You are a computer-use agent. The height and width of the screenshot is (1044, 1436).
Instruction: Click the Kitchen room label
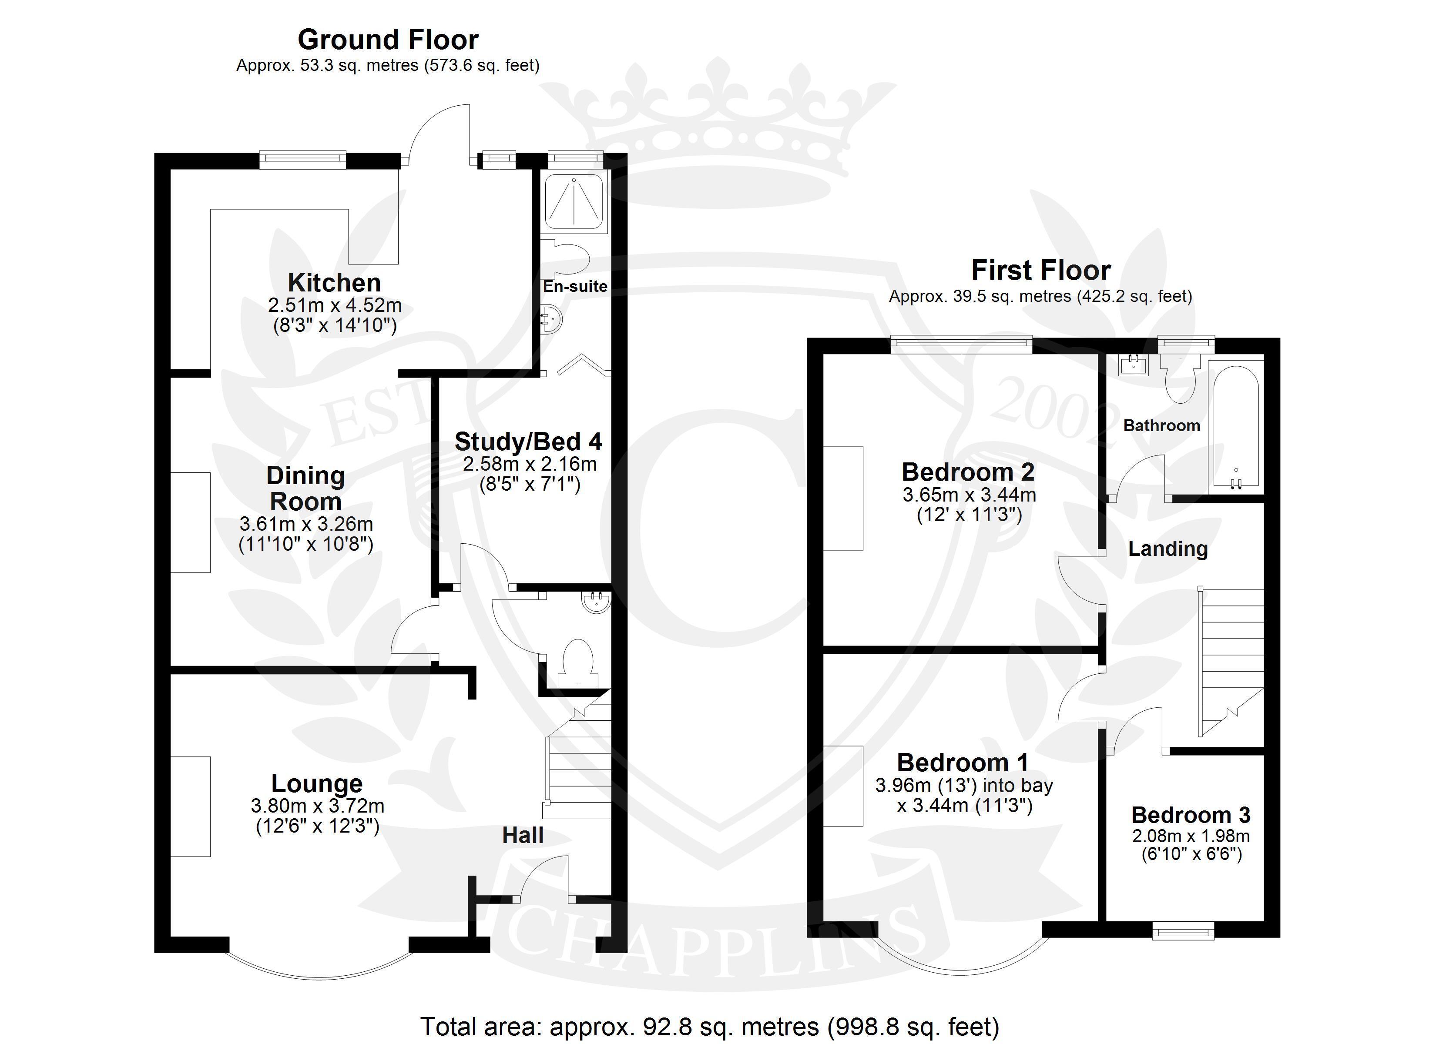coord(334,282)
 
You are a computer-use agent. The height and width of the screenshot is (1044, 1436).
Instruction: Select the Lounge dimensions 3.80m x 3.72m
coord(318,806)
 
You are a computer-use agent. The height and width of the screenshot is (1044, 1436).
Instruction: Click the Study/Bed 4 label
coord(528,441)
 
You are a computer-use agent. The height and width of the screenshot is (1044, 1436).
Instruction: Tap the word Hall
coord(523,835)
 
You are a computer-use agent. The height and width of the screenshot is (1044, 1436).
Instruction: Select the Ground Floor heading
coord(388,39)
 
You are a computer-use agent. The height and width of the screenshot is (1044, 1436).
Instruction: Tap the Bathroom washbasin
coord(1133,365)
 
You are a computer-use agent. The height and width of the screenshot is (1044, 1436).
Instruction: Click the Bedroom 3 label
coord(1191,815)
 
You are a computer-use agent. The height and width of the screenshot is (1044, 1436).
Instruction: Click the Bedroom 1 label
coord(963,762)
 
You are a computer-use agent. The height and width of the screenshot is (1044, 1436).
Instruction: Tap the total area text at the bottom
coord(710,1026)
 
